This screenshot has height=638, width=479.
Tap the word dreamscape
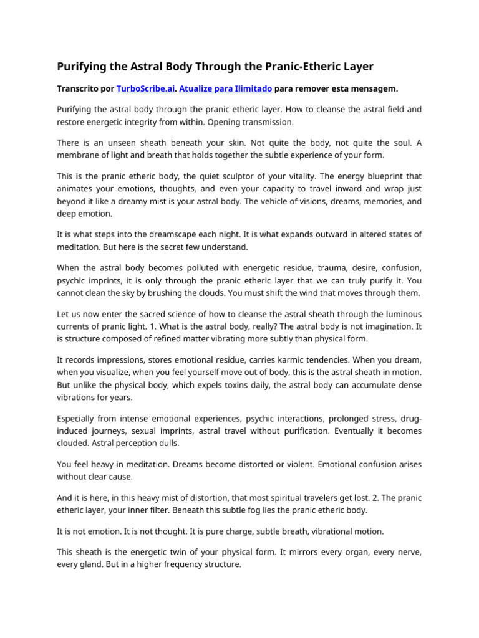coord(167,234)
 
